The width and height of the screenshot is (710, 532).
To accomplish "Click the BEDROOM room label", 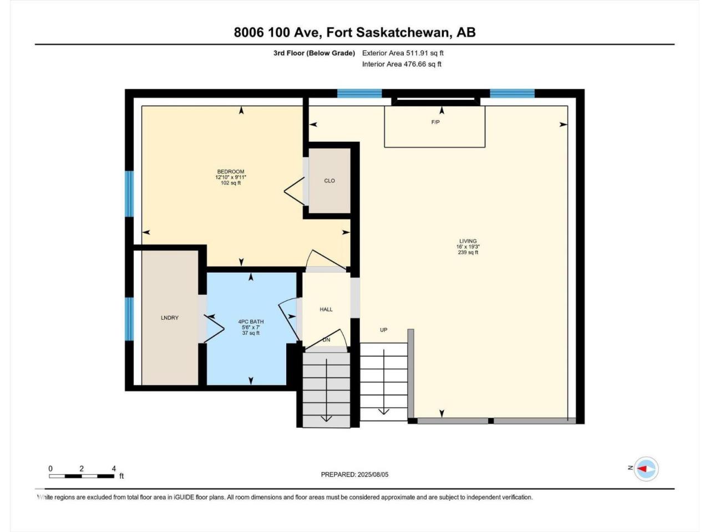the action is (x=231, y=172).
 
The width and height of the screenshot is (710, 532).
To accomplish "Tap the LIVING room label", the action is (x=468, y=241).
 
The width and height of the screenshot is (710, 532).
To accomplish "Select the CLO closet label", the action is (x=329, y=181).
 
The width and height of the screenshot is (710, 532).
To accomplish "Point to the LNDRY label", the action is (x=170, y=318).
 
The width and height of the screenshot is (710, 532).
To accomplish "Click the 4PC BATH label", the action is (x=251, y=322).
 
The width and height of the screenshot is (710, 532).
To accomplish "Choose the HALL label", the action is (x=326, y=309).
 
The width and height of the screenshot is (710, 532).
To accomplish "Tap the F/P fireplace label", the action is (x=435, y=122).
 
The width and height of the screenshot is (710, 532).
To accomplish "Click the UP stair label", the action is (x=384, y=330).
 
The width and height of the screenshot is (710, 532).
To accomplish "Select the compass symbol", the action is (x=646, y=469).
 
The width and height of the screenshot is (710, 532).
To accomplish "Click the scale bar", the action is (x=82, y=476).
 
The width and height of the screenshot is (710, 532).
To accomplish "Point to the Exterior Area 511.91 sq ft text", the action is (x=403, y=53).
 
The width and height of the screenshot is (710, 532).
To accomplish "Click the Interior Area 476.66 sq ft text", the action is (x=402, y=64).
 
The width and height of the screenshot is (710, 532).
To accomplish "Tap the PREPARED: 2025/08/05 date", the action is (x=354, y=474).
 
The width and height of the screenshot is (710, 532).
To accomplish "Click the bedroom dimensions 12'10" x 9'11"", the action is (x=231, y=177).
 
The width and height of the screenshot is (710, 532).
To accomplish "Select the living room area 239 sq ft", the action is (x=468, y=252).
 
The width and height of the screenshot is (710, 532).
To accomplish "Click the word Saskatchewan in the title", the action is (x=402, y=33).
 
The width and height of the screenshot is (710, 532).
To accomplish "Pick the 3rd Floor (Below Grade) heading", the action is (x=314, y=53).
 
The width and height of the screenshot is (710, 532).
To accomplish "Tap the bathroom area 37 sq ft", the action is (x=251, y=333).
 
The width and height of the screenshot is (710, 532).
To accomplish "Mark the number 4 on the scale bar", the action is (x=114, y=469).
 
